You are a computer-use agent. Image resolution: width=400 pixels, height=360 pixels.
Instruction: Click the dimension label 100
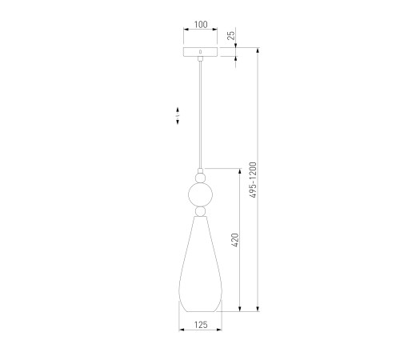pos(201,25)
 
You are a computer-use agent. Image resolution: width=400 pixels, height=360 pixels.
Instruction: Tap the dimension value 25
pos(231,35)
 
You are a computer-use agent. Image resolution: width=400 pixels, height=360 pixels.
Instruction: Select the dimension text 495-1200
pos(253,180)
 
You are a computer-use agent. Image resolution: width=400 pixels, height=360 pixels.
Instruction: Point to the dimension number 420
pos(235,240)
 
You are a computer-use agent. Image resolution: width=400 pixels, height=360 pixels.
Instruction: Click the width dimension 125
pos(201,325)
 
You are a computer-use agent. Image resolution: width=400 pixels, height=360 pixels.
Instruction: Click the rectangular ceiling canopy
pos(201,52)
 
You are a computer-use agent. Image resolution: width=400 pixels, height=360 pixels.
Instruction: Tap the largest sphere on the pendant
pos(201,194)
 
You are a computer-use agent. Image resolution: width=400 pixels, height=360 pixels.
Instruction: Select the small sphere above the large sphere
pos(201,178)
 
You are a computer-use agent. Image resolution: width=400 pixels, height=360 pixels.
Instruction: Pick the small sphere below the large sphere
pos(201,211)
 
